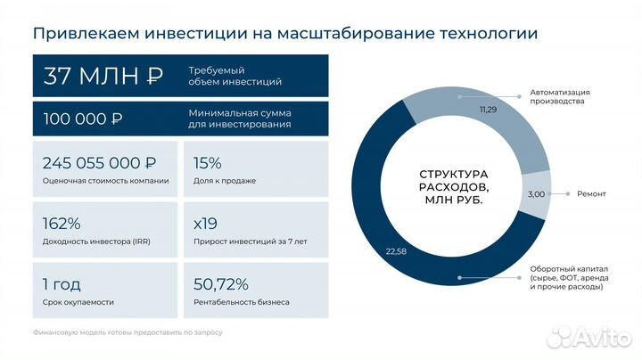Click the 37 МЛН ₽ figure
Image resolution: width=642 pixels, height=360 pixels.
(x=103, y=76)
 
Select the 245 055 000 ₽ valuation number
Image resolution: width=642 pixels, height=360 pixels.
(x=99, y=163)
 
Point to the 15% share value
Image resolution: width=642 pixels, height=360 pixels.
(x=207, y=163)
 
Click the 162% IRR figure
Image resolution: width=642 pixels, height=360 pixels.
(x=62, y=224)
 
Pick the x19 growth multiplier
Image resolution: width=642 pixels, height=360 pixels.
(x=205, y=224)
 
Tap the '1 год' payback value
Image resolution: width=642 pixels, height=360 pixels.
(x=62, y=284)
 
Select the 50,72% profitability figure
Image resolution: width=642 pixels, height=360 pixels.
(x=220, y=284)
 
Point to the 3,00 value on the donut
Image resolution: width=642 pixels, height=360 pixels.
(x=536, y=193)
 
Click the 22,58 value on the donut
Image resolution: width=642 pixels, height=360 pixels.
(x=396, y=251)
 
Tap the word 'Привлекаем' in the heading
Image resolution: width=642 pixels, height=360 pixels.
(x=77, y=35)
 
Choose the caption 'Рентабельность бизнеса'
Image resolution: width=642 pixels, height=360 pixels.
(x=241, y=302)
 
